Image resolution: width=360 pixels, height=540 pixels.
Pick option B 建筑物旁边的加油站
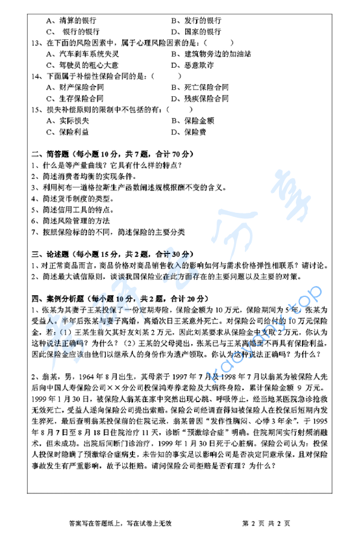(x=209, y=54)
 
